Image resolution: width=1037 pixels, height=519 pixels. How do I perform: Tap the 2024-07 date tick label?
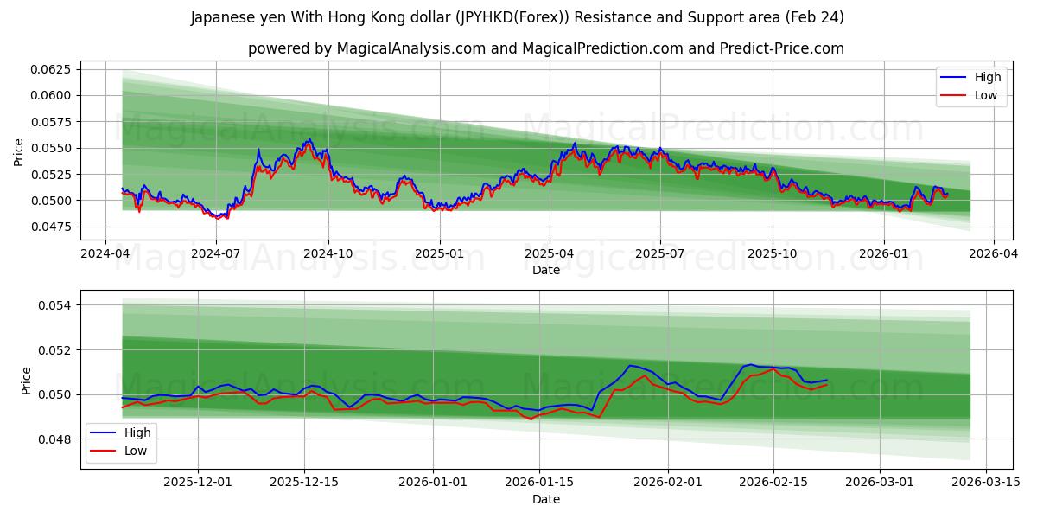[x=216, y=253]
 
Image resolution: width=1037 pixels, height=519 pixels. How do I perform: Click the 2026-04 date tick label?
[x=994, y=253]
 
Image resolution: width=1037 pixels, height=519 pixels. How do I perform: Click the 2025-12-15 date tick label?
[x=303, y=482]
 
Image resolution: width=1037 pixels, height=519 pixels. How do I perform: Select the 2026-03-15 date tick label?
[x=985, y=482]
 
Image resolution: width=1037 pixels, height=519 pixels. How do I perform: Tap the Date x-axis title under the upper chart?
[x=545, y=270]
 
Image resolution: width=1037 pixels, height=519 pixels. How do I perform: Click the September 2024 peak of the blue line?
[x=309, y=138]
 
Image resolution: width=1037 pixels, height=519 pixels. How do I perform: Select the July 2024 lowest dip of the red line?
[x=225, y=219]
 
